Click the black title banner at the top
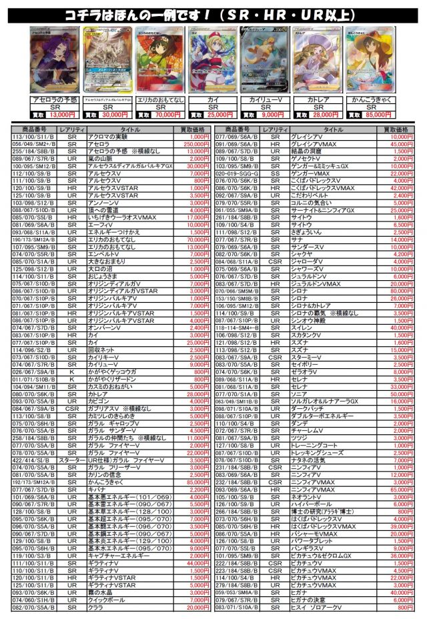[x=213, y=14]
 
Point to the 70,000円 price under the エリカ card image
[x=169, y=115]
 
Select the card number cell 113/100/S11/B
[x=34, y=136]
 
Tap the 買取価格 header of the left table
[x=192, y=129]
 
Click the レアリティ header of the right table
[x=275, y=129]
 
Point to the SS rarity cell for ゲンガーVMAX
[x=275, y=172]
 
